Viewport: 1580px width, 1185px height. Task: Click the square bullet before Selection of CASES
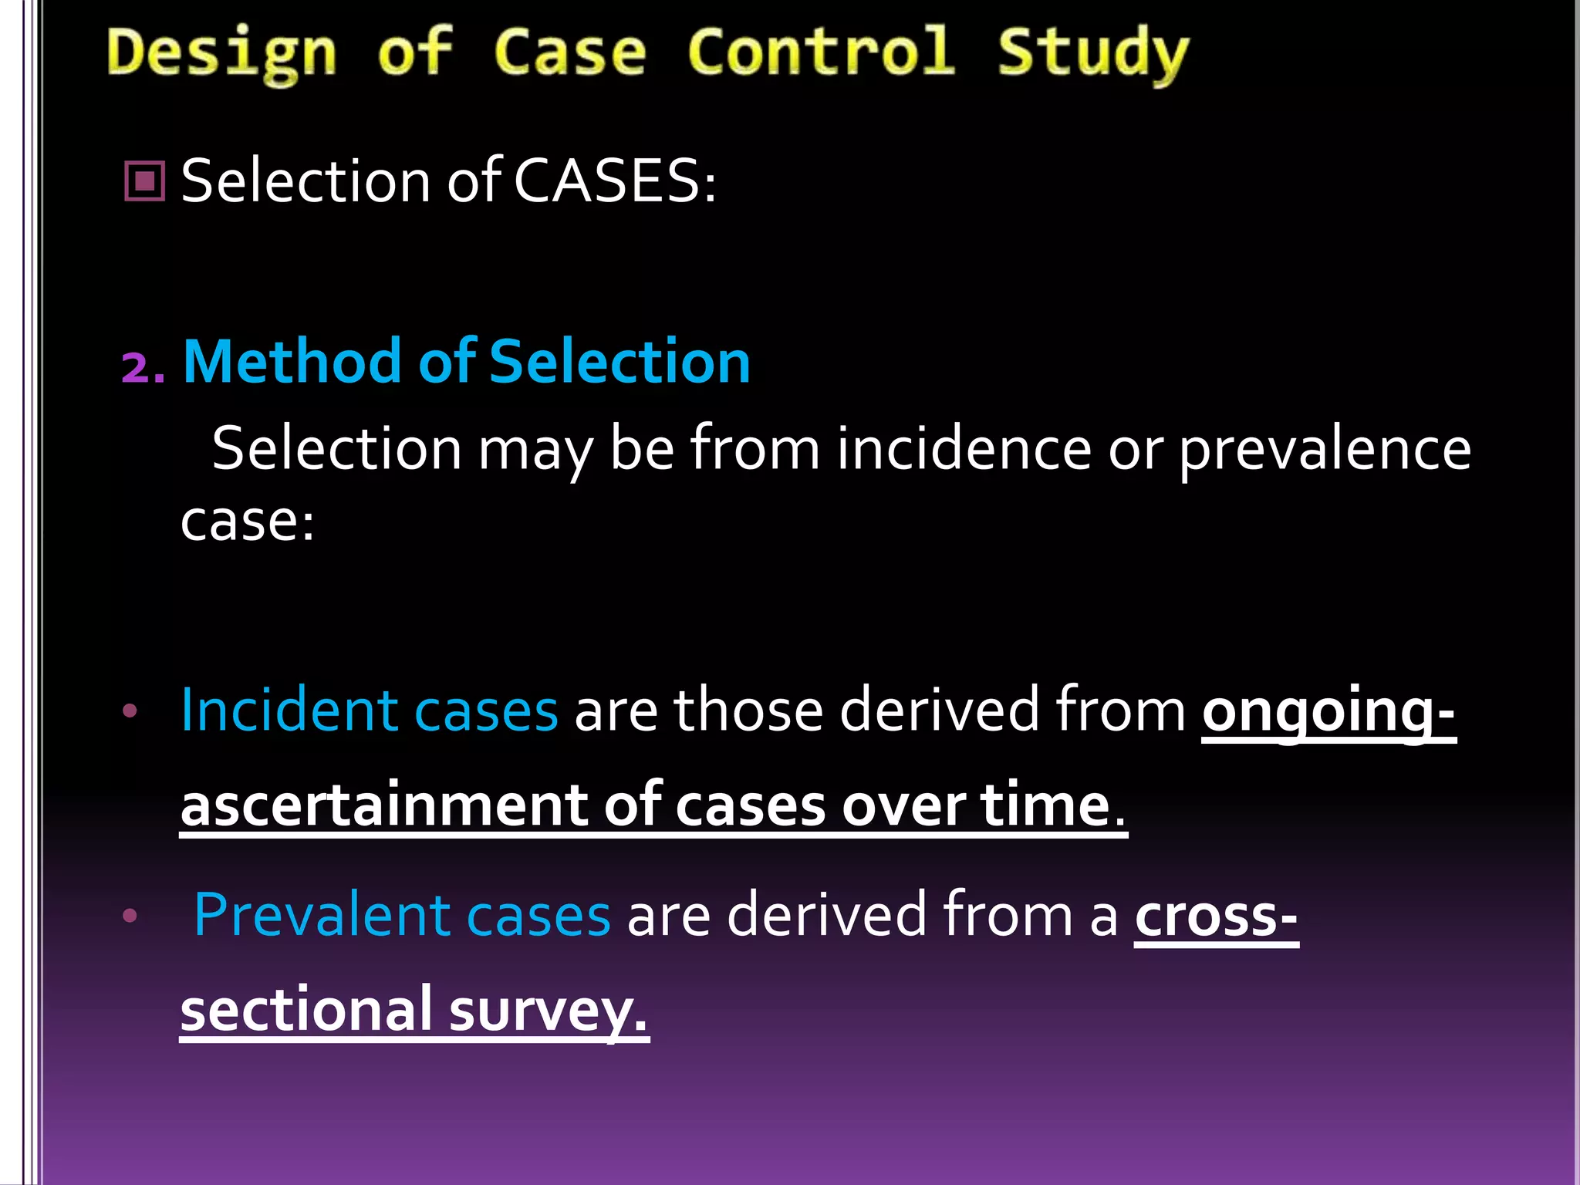point(144,181)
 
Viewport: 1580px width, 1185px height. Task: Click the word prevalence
point(1325,449)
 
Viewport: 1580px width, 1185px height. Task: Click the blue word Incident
point(287,710)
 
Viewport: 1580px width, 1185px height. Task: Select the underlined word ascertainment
point(383,805)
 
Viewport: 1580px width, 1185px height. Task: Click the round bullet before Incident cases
point(130,711)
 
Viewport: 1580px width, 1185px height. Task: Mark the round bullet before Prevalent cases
point(130,916)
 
